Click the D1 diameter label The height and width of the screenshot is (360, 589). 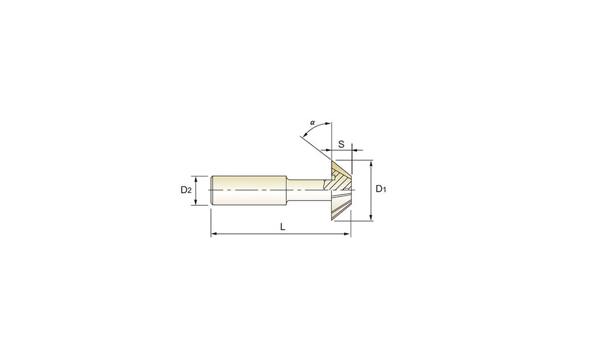(x=381, y=189)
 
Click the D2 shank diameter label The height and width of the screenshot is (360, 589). (x=186, y=190)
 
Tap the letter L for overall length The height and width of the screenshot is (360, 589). (x=283, y=227)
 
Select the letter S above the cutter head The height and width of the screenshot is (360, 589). (x=341, y=144)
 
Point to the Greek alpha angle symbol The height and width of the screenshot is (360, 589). (x=312, y=122)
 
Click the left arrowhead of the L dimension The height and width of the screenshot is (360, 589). (x=214, y=234)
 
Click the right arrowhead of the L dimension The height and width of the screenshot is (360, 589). (x=348, y=234)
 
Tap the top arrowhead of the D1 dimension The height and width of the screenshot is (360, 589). (x=371, y=163)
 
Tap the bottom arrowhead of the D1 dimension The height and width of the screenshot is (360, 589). (x=371, y=217)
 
